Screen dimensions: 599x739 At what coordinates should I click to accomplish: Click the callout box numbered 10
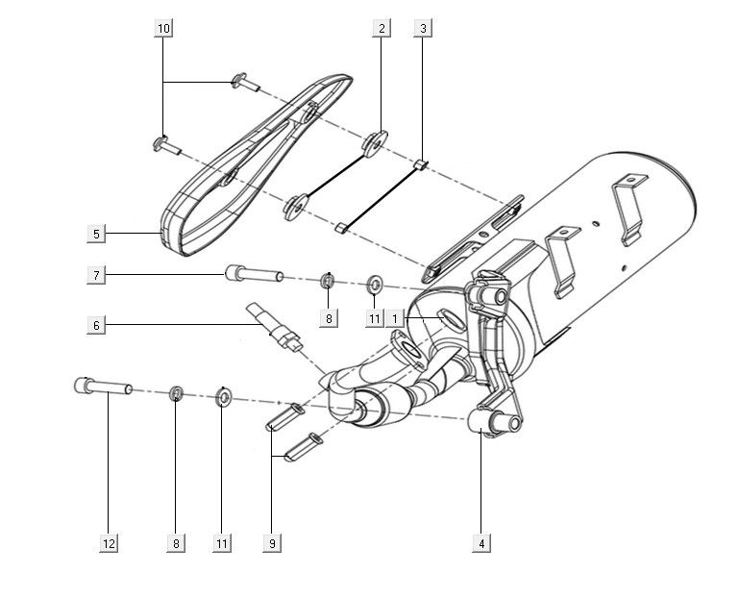click(x=163, y=29)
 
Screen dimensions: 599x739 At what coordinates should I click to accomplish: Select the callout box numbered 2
click(x=382, y=29)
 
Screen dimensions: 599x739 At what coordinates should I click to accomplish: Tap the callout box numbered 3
click(x=423, y=29)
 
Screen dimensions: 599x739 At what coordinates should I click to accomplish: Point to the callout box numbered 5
click(x=95, y=233)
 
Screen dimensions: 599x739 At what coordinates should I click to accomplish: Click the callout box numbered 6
click(x=95, y=326)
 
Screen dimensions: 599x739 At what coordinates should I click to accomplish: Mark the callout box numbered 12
click(x=108, y=544)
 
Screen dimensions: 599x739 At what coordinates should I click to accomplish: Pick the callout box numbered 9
click(x=273, y=544)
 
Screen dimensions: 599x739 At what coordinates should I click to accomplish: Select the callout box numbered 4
click(x=480, y=544)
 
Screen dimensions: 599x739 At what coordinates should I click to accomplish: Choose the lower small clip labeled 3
click(x=340, y=227)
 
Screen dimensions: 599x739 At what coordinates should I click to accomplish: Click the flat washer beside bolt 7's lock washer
click(x=375, y=285)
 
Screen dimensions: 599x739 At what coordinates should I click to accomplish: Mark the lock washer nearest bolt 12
click(x=177, y=392)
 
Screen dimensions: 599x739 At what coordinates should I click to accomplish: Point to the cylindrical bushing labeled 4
click(x=490, y=421)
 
